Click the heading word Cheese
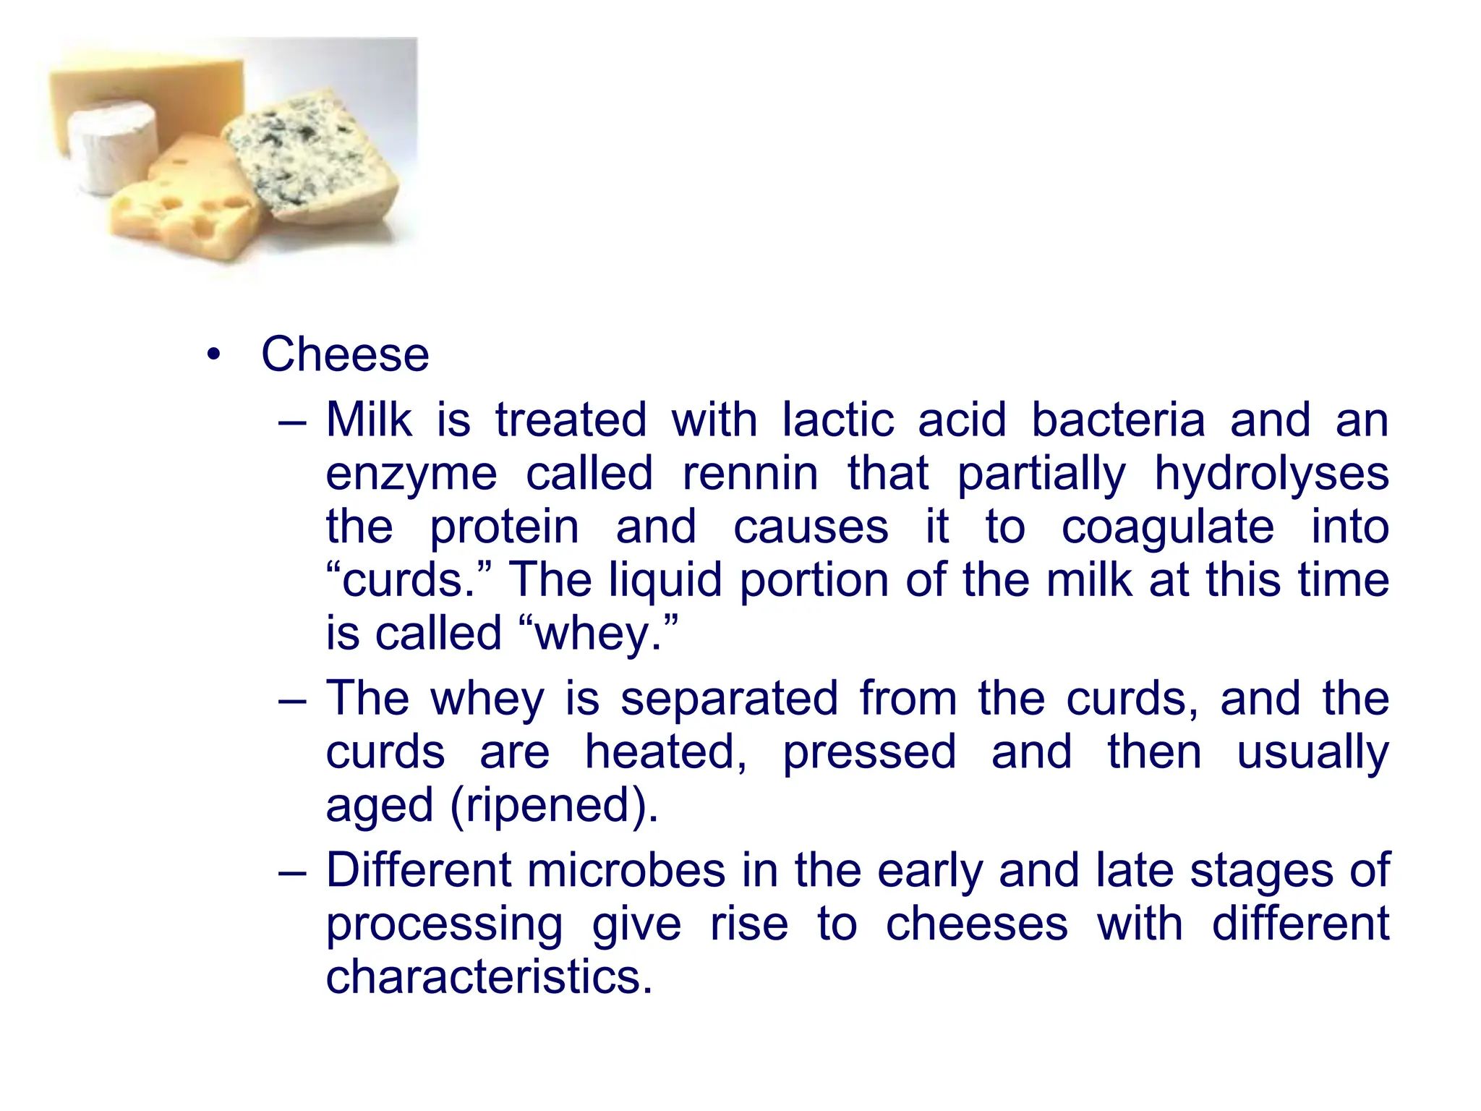[345, 355]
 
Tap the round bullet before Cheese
[213, 355]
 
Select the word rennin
[750, 474]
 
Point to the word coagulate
[1167, 527]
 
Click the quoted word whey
[599, 634]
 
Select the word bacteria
[1117, 420]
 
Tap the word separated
[729, 699]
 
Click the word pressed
[869, 753]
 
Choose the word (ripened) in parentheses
[554, 806]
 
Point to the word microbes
[626, 870]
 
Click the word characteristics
[489, 977]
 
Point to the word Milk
[369, 420]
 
